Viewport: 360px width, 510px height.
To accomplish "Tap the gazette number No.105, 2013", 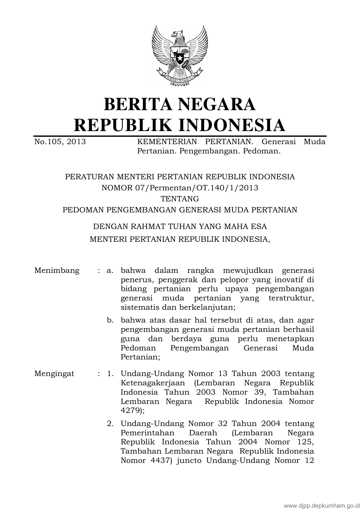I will point(60,142).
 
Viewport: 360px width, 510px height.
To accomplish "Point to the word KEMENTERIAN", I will point(167,142).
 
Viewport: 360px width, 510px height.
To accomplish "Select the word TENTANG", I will point(180,199).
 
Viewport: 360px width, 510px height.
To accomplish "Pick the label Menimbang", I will point(57,270).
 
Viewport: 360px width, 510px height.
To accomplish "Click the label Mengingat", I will point(54,373).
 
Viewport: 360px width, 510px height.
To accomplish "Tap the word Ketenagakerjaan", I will point(154,383).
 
